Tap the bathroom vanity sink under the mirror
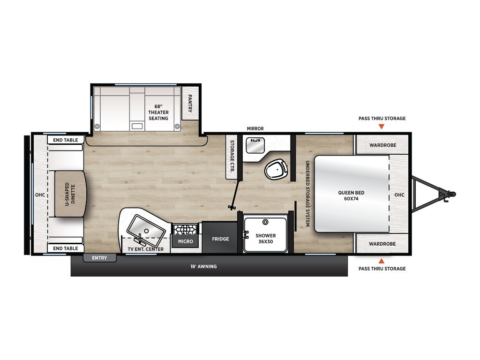[255, 145]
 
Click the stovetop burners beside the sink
[185, 229]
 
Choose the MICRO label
[186, 241]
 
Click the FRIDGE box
[220, 238]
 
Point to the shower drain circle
[265, 222]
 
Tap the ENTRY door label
[99, 258]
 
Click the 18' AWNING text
[203, 267]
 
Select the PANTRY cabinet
[190, 103]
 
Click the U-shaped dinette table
[70, 194]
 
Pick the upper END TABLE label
[66, 140]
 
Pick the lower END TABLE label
[66, 248]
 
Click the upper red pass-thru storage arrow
[381, 127]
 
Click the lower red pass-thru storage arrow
[381, 261]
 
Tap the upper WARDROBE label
[382, 145]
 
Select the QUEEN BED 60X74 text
[351, 195]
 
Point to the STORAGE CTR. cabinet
[232, 157]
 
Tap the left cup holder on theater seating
[97, 126]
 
